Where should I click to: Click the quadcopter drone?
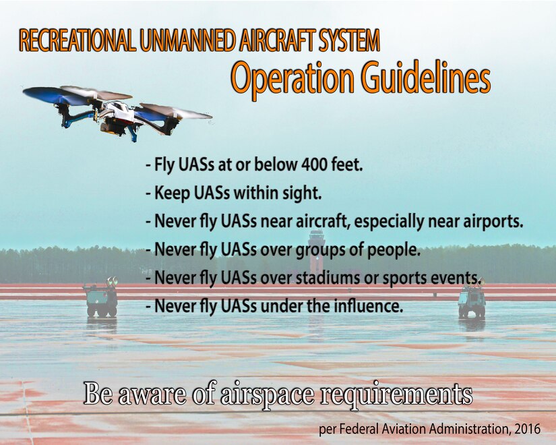(118, 111)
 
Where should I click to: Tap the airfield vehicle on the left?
(100, 299)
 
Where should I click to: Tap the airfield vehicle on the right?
(472, 300)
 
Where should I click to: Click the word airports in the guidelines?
(495, 221)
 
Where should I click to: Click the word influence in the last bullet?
(371, 307)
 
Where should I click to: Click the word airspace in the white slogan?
(266, 395)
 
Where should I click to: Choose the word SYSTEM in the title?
(348, 42)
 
